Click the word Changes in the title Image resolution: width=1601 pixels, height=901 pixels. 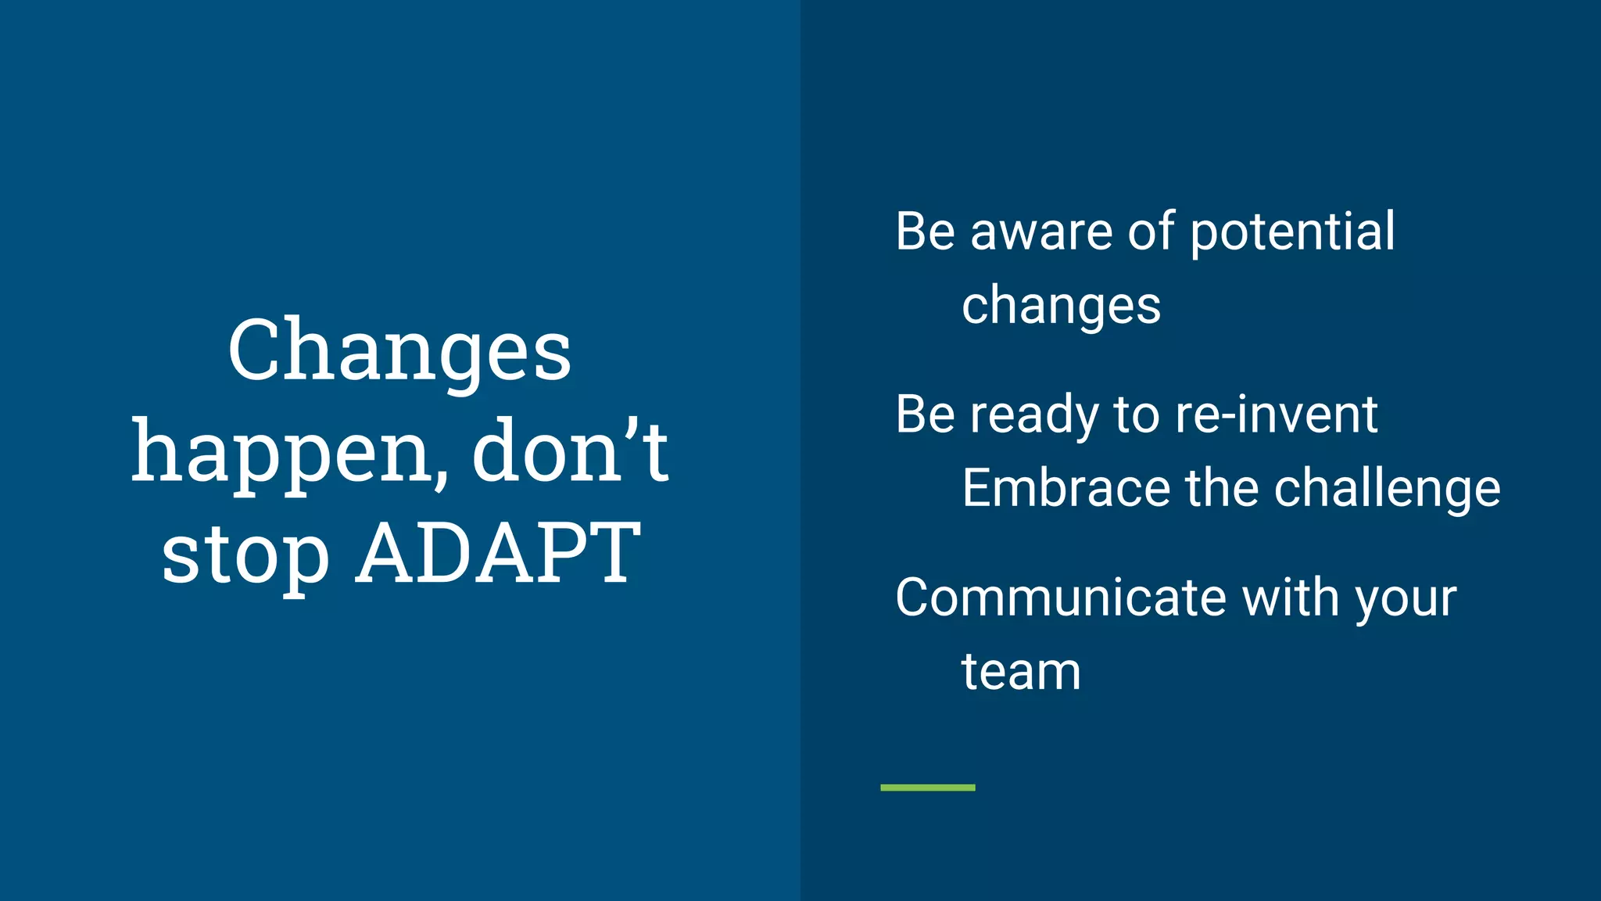(x=399, y=352)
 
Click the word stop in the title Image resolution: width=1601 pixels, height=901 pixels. (x=245, y=555)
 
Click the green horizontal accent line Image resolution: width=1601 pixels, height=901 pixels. (x=927, y=788)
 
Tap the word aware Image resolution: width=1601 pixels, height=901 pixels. (x=1040, y=232)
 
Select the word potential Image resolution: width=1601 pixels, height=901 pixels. (x=1292, y=232)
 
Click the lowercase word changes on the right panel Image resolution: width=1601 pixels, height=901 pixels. (x=1061, y=306)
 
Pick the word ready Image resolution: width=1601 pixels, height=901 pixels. (x=1034, y=415)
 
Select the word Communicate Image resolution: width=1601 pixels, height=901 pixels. (x=1061, y=598)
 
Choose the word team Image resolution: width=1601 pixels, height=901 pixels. (x=1021, y=672)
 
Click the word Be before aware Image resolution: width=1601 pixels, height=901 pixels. (x=925, y=232)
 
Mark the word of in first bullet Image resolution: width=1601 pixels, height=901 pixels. (x=1151, y=232)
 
